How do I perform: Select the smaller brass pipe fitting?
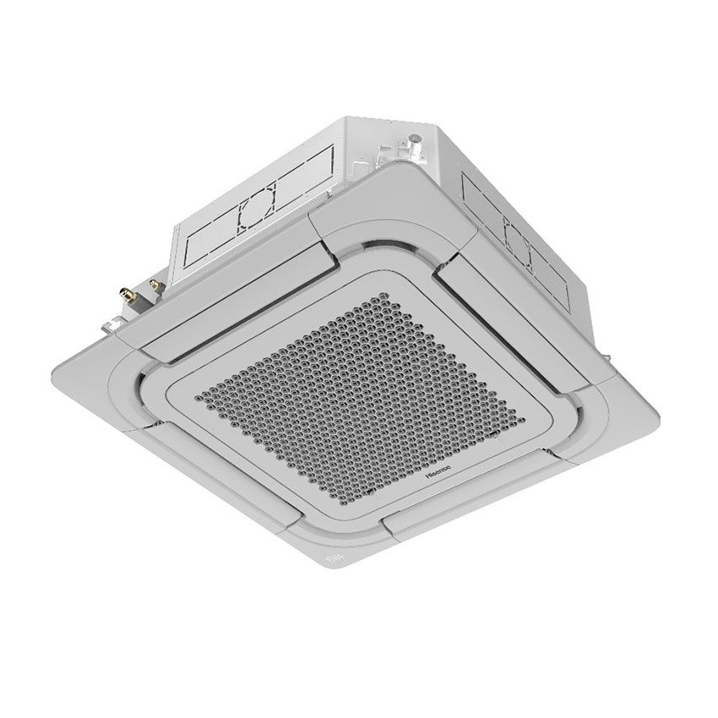click(x=155, y=286)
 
